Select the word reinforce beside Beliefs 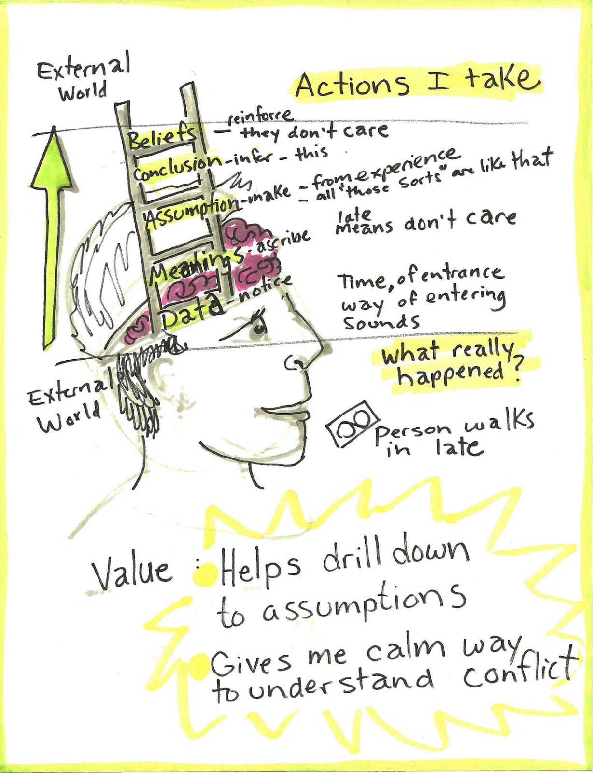click(x=261, y=116)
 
